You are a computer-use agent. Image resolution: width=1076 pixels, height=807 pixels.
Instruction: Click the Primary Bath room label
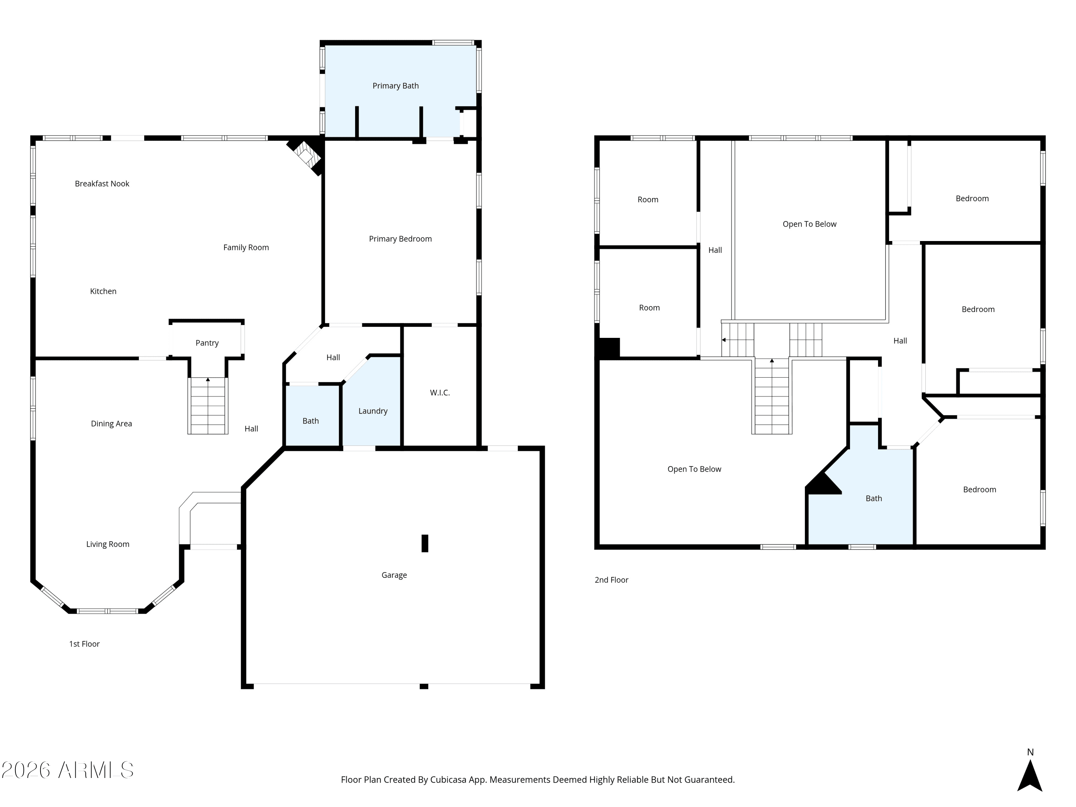396,86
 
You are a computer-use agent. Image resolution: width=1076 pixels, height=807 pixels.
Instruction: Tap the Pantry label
207,343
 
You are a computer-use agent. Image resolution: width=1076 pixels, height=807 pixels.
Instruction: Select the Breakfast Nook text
102,183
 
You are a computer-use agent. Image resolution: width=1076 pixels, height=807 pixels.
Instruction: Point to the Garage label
394,575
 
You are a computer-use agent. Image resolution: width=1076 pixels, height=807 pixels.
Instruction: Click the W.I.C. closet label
440,392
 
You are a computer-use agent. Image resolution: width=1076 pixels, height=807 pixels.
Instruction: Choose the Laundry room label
373,411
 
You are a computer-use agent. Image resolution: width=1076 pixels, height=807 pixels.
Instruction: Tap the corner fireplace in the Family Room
306,155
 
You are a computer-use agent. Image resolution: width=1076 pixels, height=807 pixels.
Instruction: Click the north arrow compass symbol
1030,775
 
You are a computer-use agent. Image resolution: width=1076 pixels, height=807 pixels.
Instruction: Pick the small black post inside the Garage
425,543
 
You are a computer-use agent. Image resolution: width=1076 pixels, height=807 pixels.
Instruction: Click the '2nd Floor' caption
612,580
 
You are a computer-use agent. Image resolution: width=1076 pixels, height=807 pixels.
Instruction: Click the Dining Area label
112,424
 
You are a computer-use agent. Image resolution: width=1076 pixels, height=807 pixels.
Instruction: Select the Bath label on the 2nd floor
874,498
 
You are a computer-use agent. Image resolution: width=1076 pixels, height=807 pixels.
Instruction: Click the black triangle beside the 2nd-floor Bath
823,483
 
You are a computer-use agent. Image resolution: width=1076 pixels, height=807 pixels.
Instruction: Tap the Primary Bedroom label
400,239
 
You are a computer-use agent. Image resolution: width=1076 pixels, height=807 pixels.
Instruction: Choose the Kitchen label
103,291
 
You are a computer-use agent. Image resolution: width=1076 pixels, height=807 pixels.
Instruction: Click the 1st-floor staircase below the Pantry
208,406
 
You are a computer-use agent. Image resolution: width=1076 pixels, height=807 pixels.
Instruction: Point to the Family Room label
246,247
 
